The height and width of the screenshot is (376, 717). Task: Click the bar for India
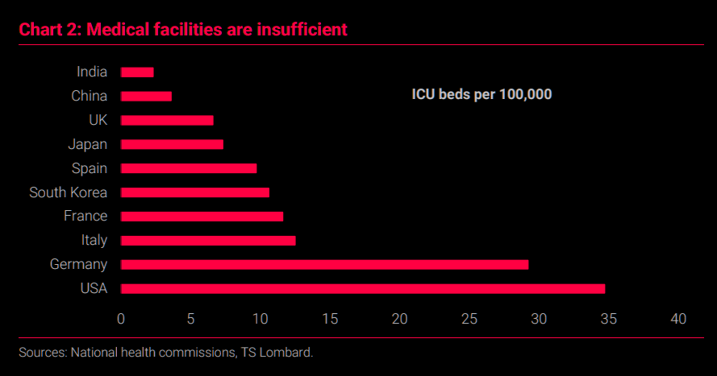[137, 72]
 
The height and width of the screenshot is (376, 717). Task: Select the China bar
[146, 97]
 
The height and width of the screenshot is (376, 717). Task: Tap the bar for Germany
[325, 265]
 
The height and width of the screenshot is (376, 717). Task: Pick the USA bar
[363, 289]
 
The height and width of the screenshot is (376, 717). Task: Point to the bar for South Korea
[195, 192]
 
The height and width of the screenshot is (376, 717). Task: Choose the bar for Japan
[172, 145]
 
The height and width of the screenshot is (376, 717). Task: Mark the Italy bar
[208, 241]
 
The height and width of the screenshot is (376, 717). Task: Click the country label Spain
[90, 168]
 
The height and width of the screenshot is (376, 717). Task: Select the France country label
[85, 216]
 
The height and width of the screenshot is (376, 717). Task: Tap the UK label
[98, 120]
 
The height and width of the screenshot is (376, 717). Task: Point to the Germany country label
[79, 264]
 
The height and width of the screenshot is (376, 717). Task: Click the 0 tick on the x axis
[121, 319]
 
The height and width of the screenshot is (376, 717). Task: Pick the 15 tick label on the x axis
[330, 319]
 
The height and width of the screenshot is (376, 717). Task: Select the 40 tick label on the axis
[678, 319]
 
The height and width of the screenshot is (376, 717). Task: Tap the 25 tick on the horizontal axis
[469, 319]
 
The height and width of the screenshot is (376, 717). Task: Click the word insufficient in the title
[302, 30]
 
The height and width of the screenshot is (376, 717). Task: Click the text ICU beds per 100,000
[482, 94]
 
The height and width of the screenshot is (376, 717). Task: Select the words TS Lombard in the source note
[277, 353]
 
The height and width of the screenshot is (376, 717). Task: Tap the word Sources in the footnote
[43, 353]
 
